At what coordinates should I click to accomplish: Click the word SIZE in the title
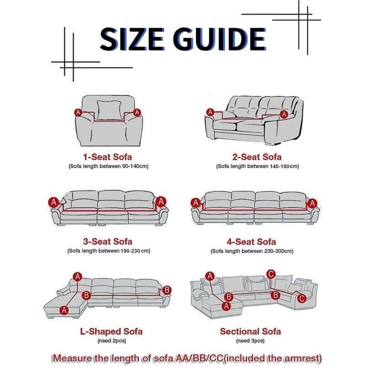(x=132, y=39)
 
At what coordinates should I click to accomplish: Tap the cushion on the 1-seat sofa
(x=109, y=110)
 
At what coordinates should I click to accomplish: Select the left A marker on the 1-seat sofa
(x=78, y=113)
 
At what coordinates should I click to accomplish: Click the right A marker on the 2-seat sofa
(x=284, y=114)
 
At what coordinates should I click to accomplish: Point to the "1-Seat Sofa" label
(x=108, y=157)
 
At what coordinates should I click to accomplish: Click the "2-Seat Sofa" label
(x=257, y=157)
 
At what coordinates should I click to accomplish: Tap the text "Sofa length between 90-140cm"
(x=108, y=166)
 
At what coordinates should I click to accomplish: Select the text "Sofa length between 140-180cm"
(x=258, y=166)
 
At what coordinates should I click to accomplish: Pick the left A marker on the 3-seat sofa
(x=54, y=202)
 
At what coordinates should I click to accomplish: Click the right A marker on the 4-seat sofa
(x=312, y=203)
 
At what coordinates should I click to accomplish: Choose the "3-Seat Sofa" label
(x=108, y=242)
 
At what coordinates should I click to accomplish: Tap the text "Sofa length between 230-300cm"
(x=252, y=251)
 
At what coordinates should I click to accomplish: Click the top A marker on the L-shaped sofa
(x=77, y=277)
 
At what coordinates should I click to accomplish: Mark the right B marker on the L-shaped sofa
(x=167, y=290)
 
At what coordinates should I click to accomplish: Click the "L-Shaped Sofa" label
(x=111, y=331)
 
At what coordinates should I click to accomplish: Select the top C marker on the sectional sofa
(x=271, y=274)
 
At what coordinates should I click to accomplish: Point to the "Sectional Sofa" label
(x=250, y=331)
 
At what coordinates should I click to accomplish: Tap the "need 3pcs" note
(x=250, y=341)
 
